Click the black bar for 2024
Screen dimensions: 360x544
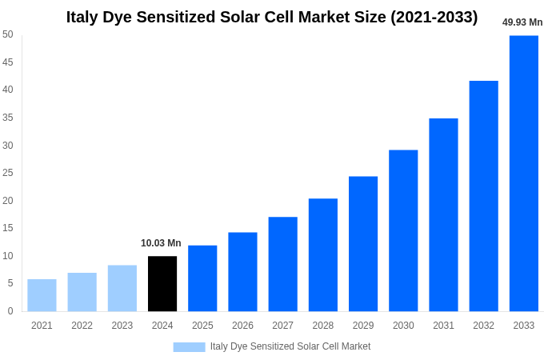162,284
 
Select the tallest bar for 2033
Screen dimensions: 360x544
524,174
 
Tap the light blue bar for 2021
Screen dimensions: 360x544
42,295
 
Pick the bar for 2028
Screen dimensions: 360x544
323,255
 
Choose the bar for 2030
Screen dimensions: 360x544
403,230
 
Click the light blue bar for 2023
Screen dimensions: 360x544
122,288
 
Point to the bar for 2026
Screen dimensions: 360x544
242,272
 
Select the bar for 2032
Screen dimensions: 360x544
483,196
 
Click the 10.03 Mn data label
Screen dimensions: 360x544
161,243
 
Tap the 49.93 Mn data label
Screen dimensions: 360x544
522,22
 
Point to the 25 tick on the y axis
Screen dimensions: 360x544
8,173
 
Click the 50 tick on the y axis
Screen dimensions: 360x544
8,34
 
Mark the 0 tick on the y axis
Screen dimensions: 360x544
10,311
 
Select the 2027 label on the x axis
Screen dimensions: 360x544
282,326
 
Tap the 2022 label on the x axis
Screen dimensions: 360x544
82,326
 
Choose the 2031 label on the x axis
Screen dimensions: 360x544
443,326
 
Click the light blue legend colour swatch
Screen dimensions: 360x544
189,347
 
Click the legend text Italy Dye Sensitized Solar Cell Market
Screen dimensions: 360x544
290,346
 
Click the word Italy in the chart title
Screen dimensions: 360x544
83,17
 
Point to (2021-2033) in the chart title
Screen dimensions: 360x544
434,17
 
